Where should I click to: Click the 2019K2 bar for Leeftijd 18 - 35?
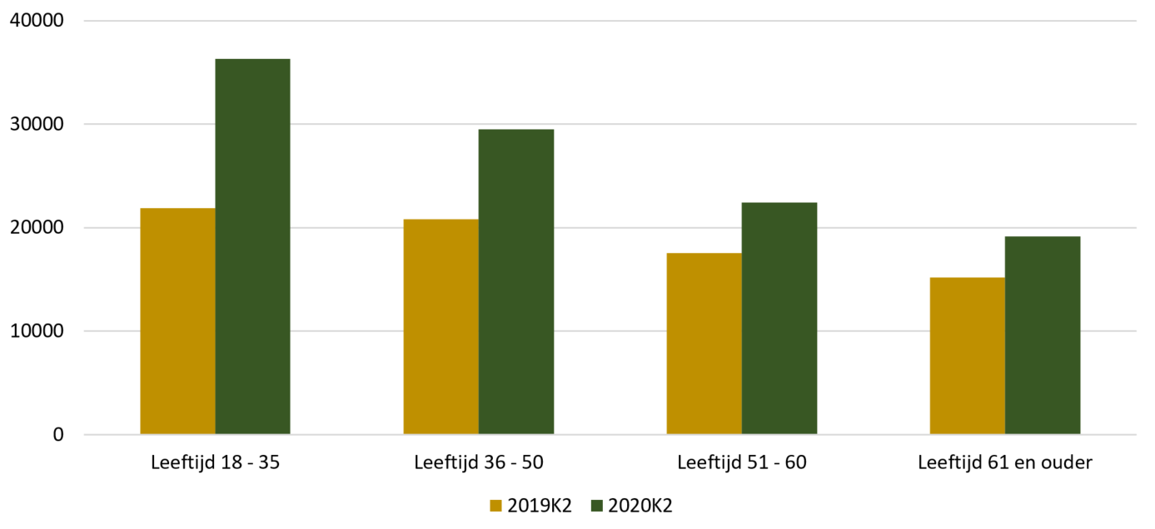178,321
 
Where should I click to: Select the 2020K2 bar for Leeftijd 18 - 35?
252,246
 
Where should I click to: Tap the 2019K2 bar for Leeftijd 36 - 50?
441,327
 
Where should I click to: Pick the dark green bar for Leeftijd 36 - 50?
516,282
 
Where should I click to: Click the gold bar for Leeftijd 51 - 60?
704,344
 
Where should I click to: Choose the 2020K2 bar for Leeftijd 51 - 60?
779,319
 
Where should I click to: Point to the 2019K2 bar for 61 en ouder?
968,356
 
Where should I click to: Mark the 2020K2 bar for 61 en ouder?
1043,335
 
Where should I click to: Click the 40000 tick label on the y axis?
37,21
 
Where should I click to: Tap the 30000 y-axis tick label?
37,124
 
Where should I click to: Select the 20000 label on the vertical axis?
37,228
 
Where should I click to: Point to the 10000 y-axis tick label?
37,331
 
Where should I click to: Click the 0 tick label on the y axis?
58,434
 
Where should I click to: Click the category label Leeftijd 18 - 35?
215,462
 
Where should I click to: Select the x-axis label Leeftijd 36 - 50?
479,462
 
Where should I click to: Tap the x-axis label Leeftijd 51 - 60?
742,462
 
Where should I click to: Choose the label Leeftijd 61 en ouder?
1005,462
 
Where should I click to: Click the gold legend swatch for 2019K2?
495,506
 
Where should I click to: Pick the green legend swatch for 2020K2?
596,506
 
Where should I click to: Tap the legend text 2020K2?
640,506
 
